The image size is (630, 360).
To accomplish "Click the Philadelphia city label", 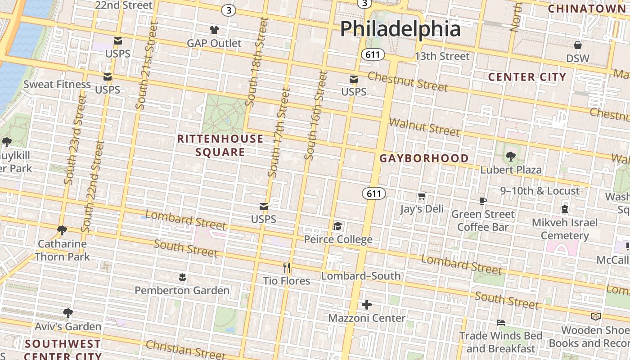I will tap(400, 29).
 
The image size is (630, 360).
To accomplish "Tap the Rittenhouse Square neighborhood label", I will tap(220, 145).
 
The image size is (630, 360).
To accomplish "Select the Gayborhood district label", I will tap(424, 158).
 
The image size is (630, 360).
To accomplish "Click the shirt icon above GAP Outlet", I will tap(214, 31).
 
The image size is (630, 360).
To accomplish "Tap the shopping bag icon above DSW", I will tap(578, 45).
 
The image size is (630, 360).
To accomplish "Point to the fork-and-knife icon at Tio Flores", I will tap(287, 268).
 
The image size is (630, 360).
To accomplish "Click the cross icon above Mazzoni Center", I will tap(367, 305).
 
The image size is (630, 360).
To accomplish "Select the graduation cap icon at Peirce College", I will tap(338, 226).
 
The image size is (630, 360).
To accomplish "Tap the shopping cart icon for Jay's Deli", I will tap(422, 196).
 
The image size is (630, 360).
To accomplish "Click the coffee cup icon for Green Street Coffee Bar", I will tap(483, 201).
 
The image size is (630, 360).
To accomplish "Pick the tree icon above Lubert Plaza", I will tap(510, 157).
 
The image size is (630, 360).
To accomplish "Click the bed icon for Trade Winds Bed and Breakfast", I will tap(500, 323).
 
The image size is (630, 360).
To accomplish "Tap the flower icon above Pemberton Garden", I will tap(182, 277).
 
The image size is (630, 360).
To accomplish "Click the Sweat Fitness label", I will tap(57, 84).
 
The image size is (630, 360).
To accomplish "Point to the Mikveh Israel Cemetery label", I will tap(565, 229).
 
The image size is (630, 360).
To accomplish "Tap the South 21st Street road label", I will tap(147, 67).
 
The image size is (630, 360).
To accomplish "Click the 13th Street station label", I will tap(442, 56).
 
